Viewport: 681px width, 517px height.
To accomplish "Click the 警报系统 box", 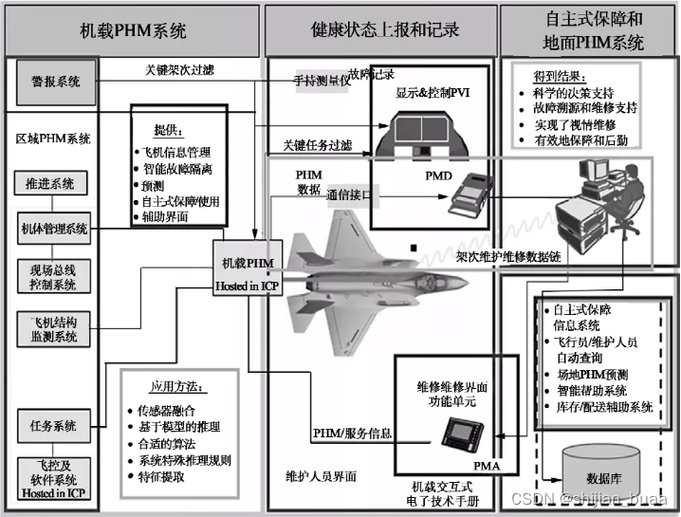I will pos(50,83).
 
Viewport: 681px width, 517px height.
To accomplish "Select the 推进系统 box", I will pos(50,182).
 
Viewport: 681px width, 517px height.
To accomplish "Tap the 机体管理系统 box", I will pos(53,229).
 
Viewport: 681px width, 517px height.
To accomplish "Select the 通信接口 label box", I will pos(353,194).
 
